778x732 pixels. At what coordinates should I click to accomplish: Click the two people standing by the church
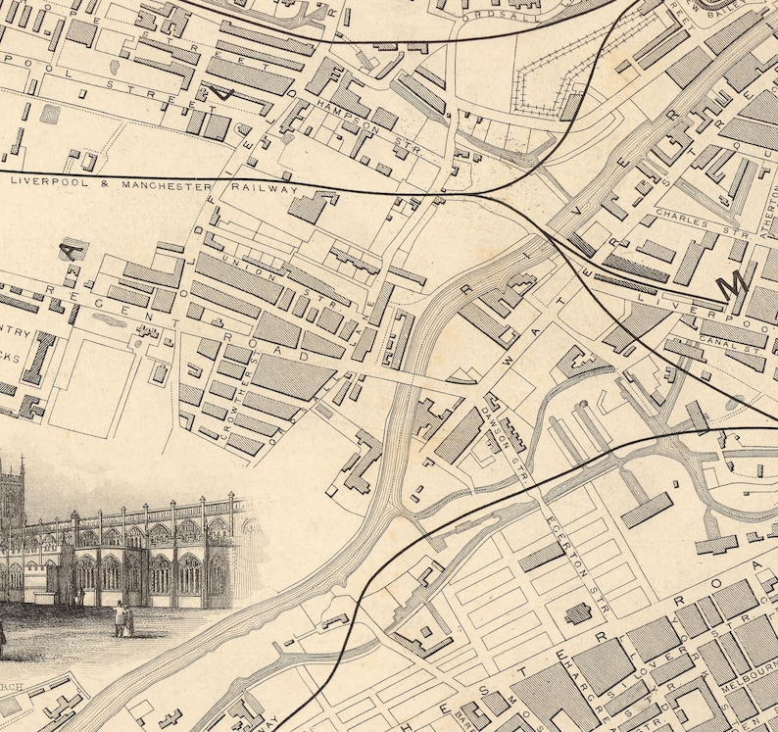(123, 619)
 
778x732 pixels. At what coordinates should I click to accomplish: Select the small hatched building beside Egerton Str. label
(578, 613)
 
